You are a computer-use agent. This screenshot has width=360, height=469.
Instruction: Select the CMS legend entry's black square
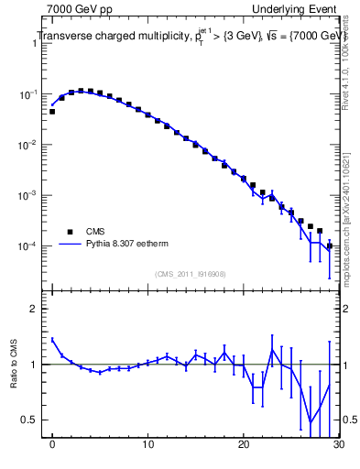66,232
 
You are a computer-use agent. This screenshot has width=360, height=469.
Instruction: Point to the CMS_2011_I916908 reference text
190,273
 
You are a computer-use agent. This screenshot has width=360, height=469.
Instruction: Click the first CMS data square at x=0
52,112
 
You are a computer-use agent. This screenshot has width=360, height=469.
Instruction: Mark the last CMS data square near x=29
329,245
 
